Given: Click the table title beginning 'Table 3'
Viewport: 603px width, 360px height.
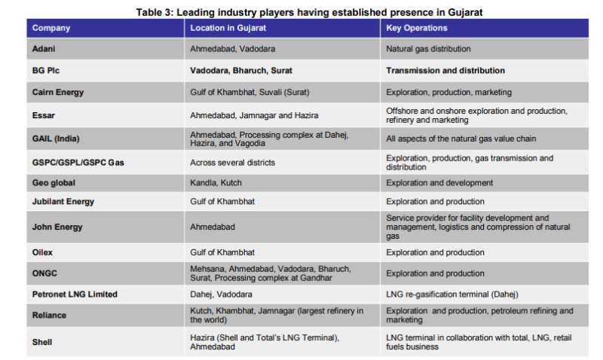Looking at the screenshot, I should (x=309, y=12).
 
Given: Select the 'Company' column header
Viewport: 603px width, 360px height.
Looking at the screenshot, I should (x=51, y=28).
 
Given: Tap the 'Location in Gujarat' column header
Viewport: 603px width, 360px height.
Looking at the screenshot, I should (x=230, y=28).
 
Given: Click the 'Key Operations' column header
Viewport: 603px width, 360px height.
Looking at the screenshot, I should (x=416, y=28).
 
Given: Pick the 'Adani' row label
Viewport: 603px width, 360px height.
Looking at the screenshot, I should (x=44, y=49).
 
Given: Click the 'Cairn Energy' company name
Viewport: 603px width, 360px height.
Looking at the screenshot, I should (x=58, y=92).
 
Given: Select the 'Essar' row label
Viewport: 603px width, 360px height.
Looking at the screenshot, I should (x=44, y=115).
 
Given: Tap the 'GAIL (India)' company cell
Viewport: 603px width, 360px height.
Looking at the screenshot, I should (x=56, y=139).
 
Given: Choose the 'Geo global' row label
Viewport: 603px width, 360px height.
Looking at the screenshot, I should (x=54, y=183).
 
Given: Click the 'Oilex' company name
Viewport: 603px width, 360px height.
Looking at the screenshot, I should (x=43, y=252).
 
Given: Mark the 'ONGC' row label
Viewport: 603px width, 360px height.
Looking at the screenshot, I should (x=44, y=273).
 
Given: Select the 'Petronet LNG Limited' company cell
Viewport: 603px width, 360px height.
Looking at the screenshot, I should (x=75, y=294).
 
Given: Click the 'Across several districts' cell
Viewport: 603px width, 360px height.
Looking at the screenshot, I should (x=232, y=162).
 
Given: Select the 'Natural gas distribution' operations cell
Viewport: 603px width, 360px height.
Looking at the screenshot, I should (x=428, y=49).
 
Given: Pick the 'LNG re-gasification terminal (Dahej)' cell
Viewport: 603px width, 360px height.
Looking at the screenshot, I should (x=451, y=294).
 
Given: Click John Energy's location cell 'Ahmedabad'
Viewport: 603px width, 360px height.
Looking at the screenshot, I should (x=213, y=227).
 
